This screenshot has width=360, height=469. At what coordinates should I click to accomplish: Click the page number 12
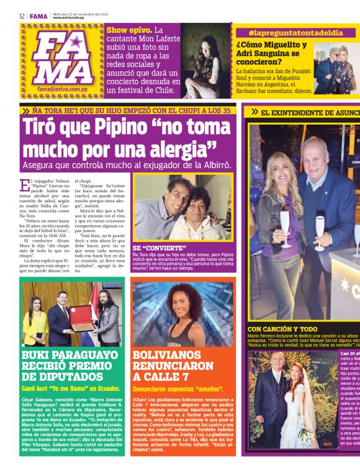[22, 16]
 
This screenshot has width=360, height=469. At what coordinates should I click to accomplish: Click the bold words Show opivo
[128, 30]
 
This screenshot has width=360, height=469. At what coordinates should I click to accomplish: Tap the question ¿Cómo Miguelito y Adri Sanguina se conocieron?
[271, 53]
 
